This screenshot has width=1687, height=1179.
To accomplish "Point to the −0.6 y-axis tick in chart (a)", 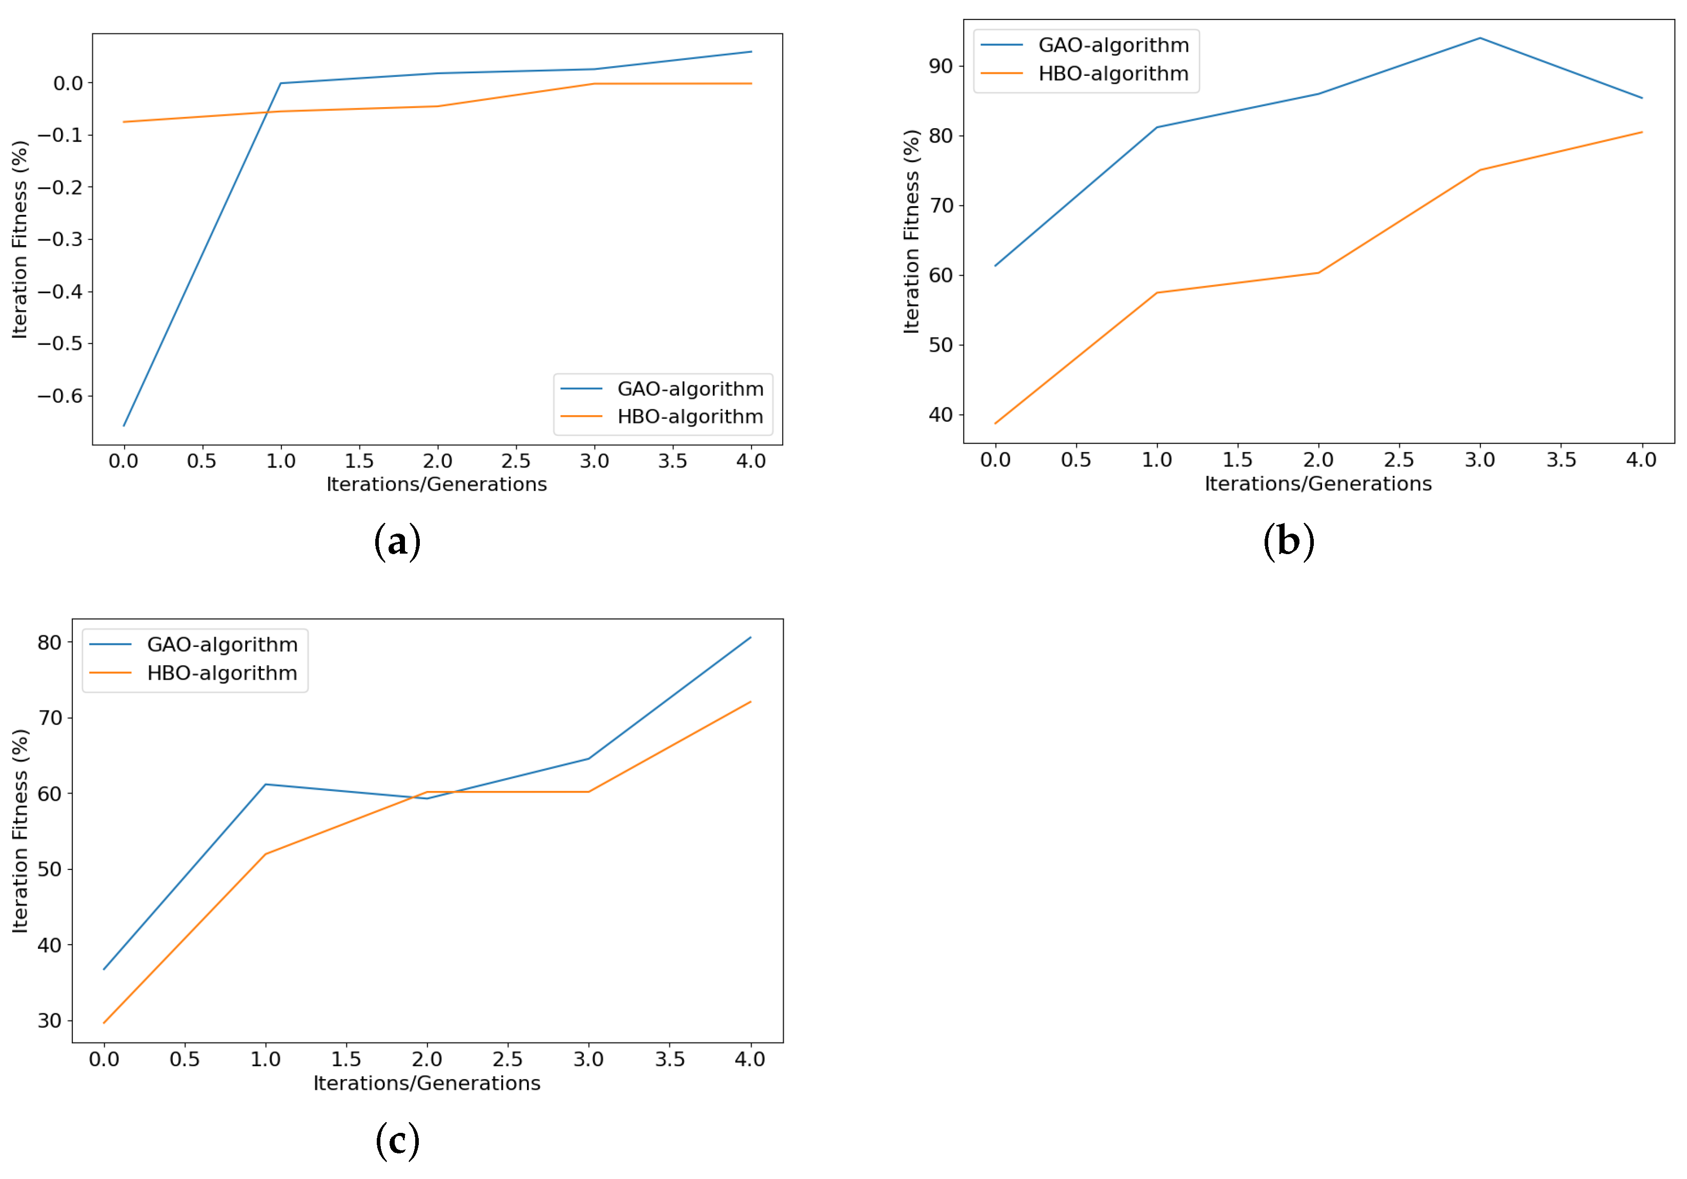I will [60, 396].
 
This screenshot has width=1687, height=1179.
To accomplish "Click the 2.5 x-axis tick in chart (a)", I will [516, 461].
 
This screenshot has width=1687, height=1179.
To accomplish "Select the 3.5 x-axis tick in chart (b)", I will [1560, 460].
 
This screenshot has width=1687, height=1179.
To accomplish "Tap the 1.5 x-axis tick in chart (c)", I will [346, 1059].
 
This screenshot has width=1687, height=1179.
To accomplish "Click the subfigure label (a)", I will [397, 541].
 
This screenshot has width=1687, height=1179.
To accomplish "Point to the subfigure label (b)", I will [1288, 541].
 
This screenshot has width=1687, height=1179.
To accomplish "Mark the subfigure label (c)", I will [397, 1140].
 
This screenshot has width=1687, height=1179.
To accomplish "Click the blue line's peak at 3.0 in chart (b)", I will [1480, 38].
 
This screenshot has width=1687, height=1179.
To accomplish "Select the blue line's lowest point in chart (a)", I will [124, 425].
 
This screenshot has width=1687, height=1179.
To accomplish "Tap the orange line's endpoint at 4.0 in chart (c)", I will [750, 702].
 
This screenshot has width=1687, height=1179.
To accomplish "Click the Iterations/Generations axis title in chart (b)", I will [1317, 483].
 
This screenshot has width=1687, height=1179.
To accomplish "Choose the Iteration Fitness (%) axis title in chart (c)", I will [20, 831].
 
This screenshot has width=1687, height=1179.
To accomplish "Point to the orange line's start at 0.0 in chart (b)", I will [995, 423].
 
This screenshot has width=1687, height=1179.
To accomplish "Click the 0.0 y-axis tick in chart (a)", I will [68, 83].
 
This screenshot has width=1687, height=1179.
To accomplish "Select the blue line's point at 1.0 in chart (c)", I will [265, 784].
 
